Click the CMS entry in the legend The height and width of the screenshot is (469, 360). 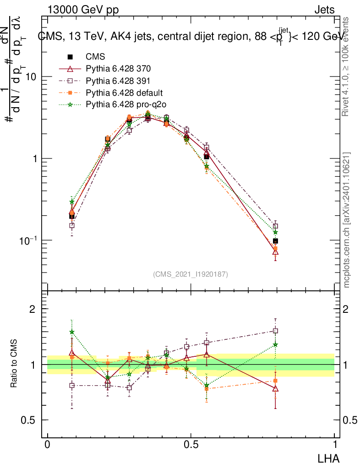95,57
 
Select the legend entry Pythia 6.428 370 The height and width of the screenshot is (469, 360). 118,69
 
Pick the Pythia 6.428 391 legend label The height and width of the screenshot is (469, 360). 118,81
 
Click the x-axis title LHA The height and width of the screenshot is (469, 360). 328,458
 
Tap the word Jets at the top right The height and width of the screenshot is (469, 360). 324,10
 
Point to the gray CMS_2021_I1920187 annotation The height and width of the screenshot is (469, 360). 191,274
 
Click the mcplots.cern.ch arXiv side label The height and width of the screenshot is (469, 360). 347,220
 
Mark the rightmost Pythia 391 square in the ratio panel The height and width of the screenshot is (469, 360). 275,331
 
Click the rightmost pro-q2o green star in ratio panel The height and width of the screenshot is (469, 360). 275,344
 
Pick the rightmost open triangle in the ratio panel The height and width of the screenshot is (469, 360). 275,388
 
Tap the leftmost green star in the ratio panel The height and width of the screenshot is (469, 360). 71,332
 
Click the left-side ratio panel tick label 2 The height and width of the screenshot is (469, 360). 33,309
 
